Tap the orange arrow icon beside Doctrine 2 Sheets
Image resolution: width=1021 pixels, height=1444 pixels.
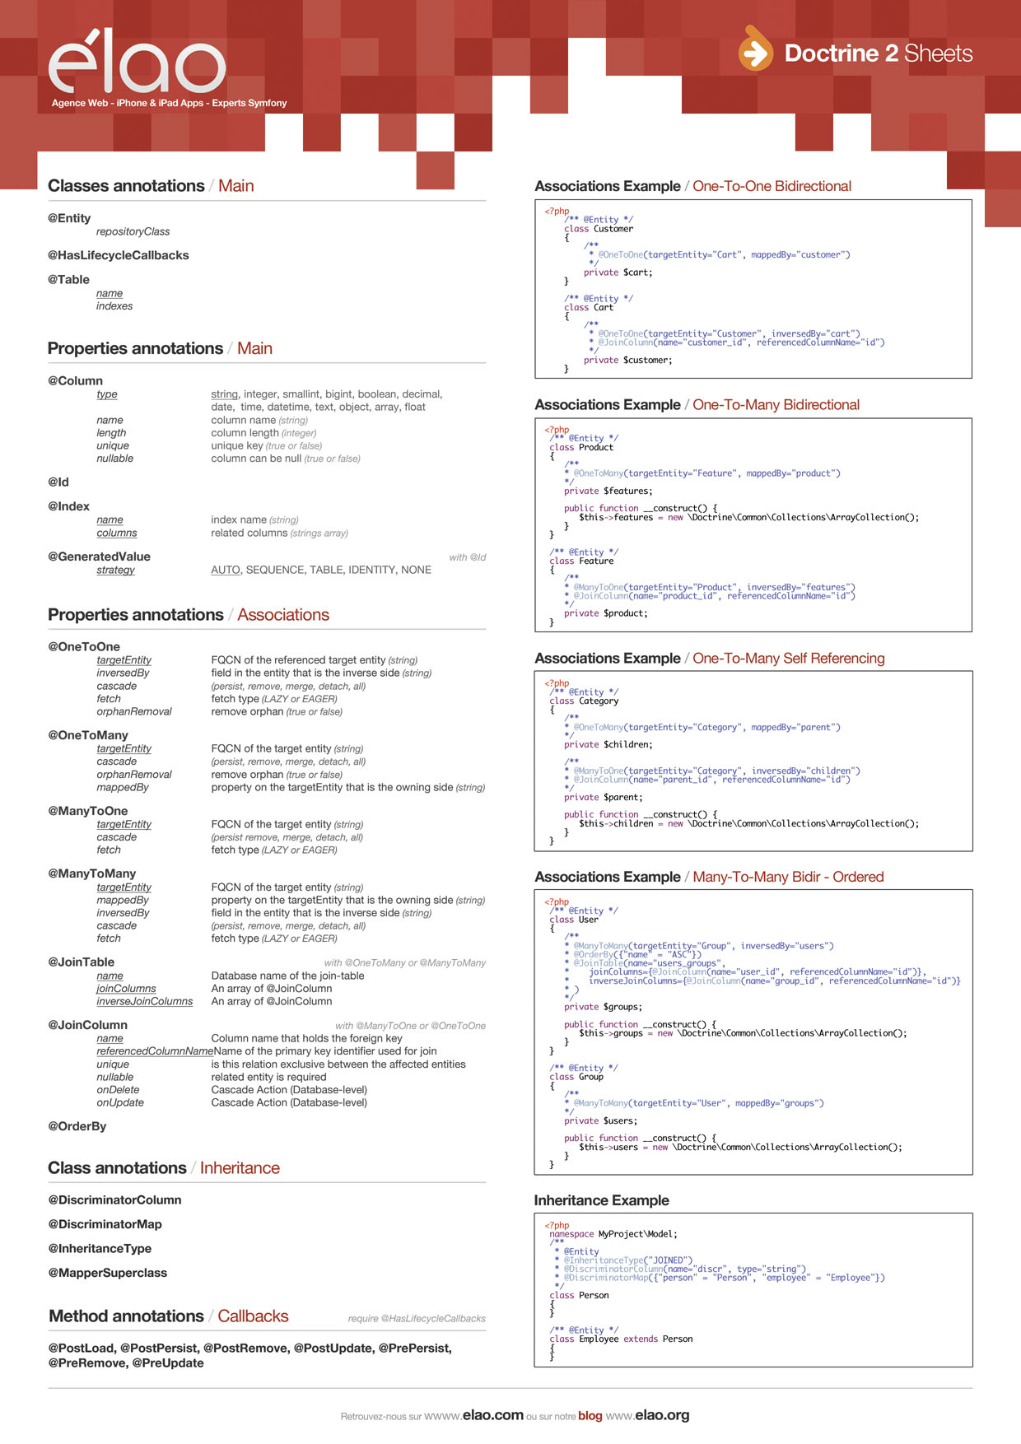[755, 51]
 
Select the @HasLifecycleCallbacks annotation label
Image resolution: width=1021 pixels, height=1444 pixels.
[119, 255]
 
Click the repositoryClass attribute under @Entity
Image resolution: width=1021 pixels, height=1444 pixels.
[133, 231]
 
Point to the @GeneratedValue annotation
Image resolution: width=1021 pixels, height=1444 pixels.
[99, 557]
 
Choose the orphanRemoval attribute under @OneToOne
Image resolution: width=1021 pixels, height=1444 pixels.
[134, 711]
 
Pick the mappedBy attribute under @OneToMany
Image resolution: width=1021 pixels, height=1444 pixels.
[123, 787]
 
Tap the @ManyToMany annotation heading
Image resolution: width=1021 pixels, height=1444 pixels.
[92, 873]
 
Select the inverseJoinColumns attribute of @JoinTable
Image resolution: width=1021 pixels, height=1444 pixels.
[144, 1001]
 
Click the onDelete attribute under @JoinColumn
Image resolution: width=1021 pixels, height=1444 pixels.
[119, 1089]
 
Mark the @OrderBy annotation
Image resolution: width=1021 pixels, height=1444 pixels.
[77, 1126]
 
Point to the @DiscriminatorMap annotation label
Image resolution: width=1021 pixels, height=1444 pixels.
[105, 1224]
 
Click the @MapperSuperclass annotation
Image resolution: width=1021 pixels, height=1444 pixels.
[107, 1273]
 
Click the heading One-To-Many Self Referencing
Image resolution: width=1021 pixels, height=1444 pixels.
[788, 659]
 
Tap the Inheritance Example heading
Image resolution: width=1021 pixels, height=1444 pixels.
[601, 1200]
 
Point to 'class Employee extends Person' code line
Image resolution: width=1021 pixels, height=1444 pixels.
[621, 1339]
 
